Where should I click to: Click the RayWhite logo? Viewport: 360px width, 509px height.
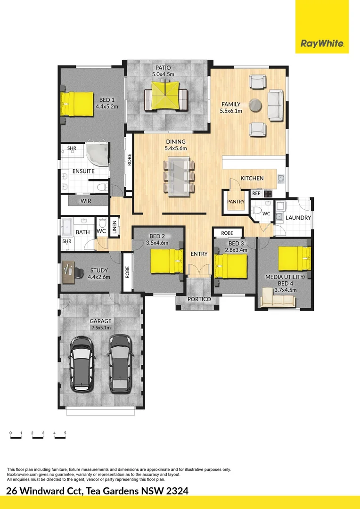coord(322,44)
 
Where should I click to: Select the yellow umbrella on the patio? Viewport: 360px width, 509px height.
coord(166,93)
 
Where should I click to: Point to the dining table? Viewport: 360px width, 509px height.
coord(179,176)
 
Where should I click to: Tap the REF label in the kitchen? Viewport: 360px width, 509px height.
coord(256,193)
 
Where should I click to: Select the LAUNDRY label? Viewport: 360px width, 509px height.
coord(298,218)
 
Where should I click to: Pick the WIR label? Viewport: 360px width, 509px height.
coord(86,201)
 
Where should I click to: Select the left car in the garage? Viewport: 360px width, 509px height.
coord(81,363)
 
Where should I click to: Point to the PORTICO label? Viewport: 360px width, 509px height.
coord(198,298)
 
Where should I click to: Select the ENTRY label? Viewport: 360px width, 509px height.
coord(199,254)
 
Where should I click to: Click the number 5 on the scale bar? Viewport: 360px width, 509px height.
coord(65,433)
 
